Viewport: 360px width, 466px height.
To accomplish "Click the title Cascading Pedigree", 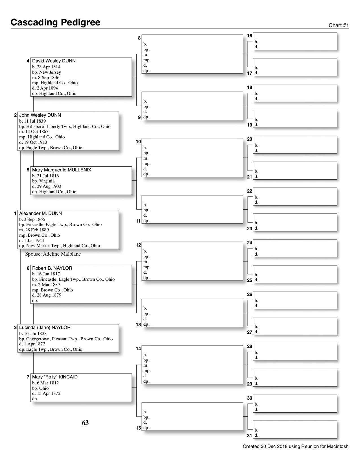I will point(55,22).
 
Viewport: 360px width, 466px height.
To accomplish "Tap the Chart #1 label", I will point(339,25).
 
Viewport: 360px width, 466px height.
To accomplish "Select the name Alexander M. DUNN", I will point(40,214).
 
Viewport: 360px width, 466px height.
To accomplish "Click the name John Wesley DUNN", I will point(40,115).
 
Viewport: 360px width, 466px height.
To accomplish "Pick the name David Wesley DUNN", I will point(54,61).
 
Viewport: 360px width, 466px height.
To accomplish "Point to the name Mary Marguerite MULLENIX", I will point(62,170).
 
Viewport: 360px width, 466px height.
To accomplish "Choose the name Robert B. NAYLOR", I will point(52,268).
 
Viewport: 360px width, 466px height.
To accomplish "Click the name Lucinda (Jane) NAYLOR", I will point(45,328).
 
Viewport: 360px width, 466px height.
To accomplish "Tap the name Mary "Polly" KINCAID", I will point(55,377).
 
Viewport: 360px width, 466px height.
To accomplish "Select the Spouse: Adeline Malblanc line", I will point(53,254).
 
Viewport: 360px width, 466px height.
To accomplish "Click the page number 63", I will point(85,423).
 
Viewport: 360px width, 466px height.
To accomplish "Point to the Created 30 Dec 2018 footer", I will point(295,447).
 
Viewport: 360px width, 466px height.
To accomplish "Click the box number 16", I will point(250,36).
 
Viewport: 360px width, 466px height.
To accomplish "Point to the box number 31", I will point(250,435).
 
